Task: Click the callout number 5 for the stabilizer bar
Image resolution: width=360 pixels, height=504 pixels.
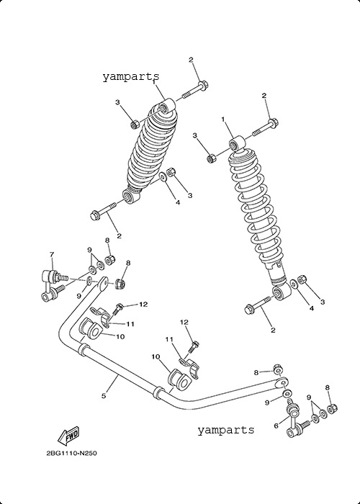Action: tap(104, 396)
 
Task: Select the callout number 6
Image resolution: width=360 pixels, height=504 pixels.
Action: tap(276, 426)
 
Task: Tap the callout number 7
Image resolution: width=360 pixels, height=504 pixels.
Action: tap(52, 254)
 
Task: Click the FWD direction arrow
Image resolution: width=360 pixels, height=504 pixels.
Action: tap(68, 436)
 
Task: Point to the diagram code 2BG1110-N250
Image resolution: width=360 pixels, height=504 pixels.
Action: tap(72, 454)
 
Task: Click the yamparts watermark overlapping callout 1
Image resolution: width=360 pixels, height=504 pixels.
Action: tap(131, 77)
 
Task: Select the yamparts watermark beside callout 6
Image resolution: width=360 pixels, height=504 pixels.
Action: tap(225, 430)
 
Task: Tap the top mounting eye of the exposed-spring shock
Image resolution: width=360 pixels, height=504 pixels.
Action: tap(238, 144)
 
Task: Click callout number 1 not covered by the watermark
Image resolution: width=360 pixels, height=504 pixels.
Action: tap(222, 120)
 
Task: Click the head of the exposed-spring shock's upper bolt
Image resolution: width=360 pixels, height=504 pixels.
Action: tap(274, 122)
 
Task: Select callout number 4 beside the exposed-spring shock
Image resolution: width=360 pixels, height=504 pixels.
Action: tap(311, 308)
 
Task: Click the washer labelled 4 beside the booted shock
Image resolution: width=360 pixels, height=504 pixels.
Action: tap(163, 177)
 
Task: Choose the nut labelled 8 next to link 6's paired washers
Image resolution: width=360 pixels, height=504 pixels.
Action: tap(331, 409)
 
